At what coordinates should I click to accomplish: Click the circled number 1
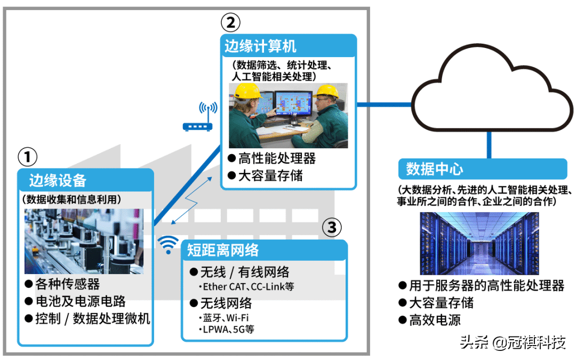28,157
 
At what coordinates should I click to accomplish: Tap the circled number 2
230,22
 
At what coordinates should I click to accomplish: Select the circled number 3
332,228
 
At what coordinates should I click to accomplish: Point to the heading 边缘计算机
260,47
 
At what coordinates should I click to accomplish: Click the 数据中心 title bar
483,169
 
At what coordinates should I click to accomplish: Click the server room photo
479,243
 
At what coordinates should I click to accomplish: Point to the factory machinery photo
84,241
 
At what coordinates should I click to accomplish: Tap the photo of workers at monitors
289,115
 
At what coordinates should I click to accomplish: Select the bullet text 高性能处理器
276,158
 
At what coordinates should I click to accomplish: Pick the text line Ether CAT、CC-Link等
247,287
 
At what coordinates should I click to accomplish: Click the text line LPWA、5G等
228,329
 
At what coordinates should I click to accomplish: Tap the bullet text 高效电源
435,320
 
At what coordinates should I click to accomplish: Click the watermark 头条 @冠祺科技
513,342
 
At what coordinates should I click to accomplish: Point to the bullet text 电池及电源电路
81,301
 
